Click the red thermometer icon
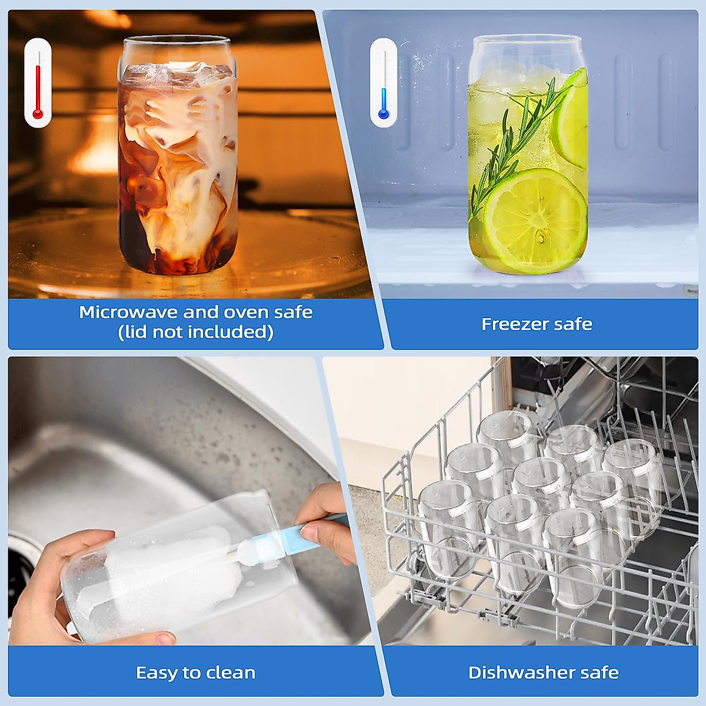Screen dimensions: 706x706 [x=38, y=82]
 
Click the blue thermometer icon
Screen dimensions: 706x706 [x=384, y=82]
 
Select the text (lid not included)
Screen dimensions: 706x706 [x=195, y=332]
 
